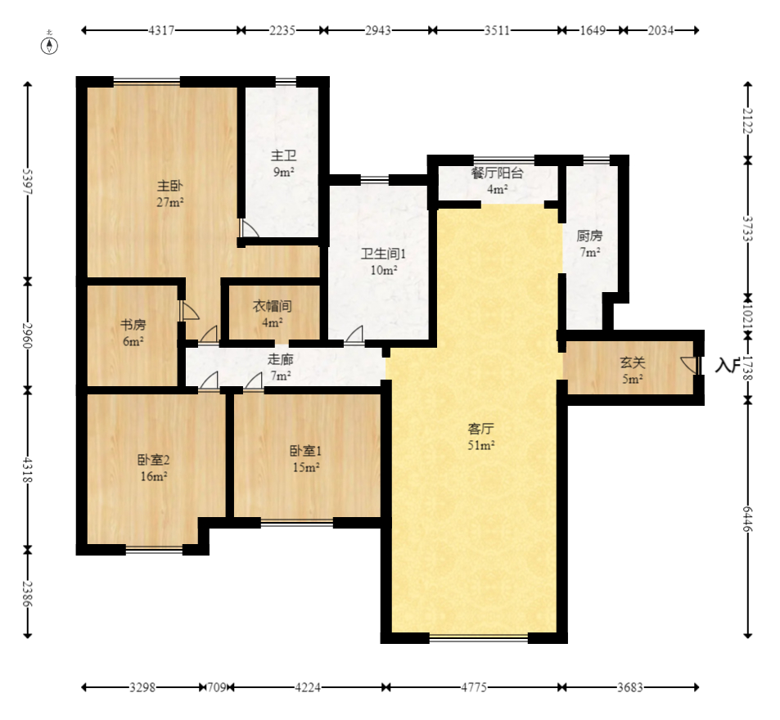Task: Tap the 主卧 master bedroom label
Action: pos(170,186)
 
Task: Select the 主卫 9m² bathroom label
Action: pos(283,164)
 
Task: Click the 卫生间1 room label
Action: pos(384,254)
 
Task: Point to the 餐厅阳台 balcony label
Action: pos(497,173)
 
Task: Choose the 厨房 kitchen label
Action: pos(589,236)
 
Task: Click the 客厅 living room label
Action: pos(480,429)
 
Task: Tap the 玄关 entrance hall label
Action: pos(632,363)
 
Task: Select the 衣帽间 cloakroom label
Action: pos(272,306)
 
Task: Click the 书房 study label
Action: pos(133,325)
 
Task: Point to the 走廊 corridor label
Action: pos(281,359)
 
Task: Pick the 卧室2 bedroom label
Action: pos(154,460)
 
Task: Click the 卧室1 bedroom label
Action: pos(306,451)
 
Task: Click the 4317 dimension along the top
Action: pos(162,30)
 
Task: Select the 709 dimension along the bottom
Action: pos(216,687)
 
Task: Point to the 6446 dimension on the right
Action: pos(747,519)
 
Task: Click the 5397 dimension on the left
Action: pos(28,182)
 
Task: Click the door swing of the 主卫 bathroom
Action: pos(250,228)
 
